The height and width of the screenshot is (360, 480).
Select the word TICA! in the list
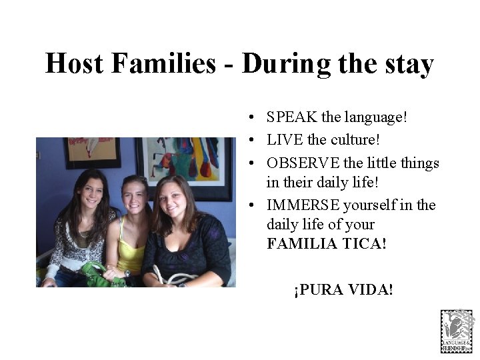pos(365,244)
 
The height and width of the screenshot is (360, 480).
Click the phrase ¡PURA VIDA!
pos(343,290)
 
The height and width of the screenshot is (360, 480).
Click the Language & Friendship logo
pos(457,331)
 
